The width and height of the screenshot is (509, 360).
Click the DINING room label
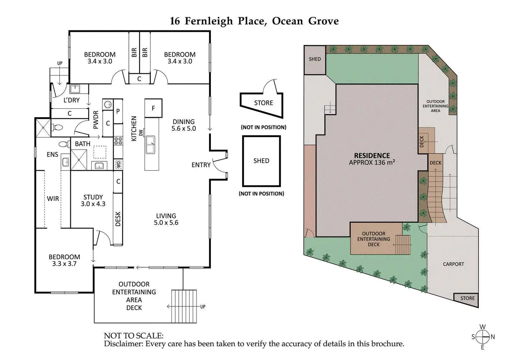(184, 122)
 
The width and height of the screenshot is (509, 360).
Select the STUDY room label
(93, 197)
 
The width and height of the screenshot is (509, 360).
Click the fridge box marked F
(153, 108)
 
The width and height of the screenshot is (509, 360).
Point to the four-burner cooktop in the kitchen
(118, 141)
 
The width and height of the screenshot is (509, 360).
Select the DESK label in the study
(118, 219)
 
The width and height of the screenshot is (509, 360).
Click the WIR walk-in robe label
(53, 199)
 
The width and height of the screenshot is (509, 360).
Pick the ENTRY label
(201, 165)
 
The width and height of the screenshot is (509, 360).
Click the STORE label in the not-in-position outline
(263, 103)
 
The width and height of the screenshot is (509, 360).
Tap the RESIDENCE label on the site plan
(372, 156)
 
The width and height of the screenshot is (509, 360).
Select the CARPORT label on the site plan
(453, 264)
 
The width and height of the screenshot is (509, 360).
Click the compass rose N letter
(493, 337)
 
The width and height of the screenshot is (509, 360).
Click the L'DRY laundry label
(72, 100)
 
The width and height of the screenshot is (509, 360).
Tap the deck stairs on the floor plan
(184, 306)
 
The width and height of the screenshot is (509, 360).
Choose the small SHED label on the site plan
(315, 59)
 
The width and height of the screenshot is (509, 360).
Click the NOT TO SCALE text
(133, 335)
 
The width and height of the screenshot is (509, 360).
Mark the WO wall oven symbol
(118, 165)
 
